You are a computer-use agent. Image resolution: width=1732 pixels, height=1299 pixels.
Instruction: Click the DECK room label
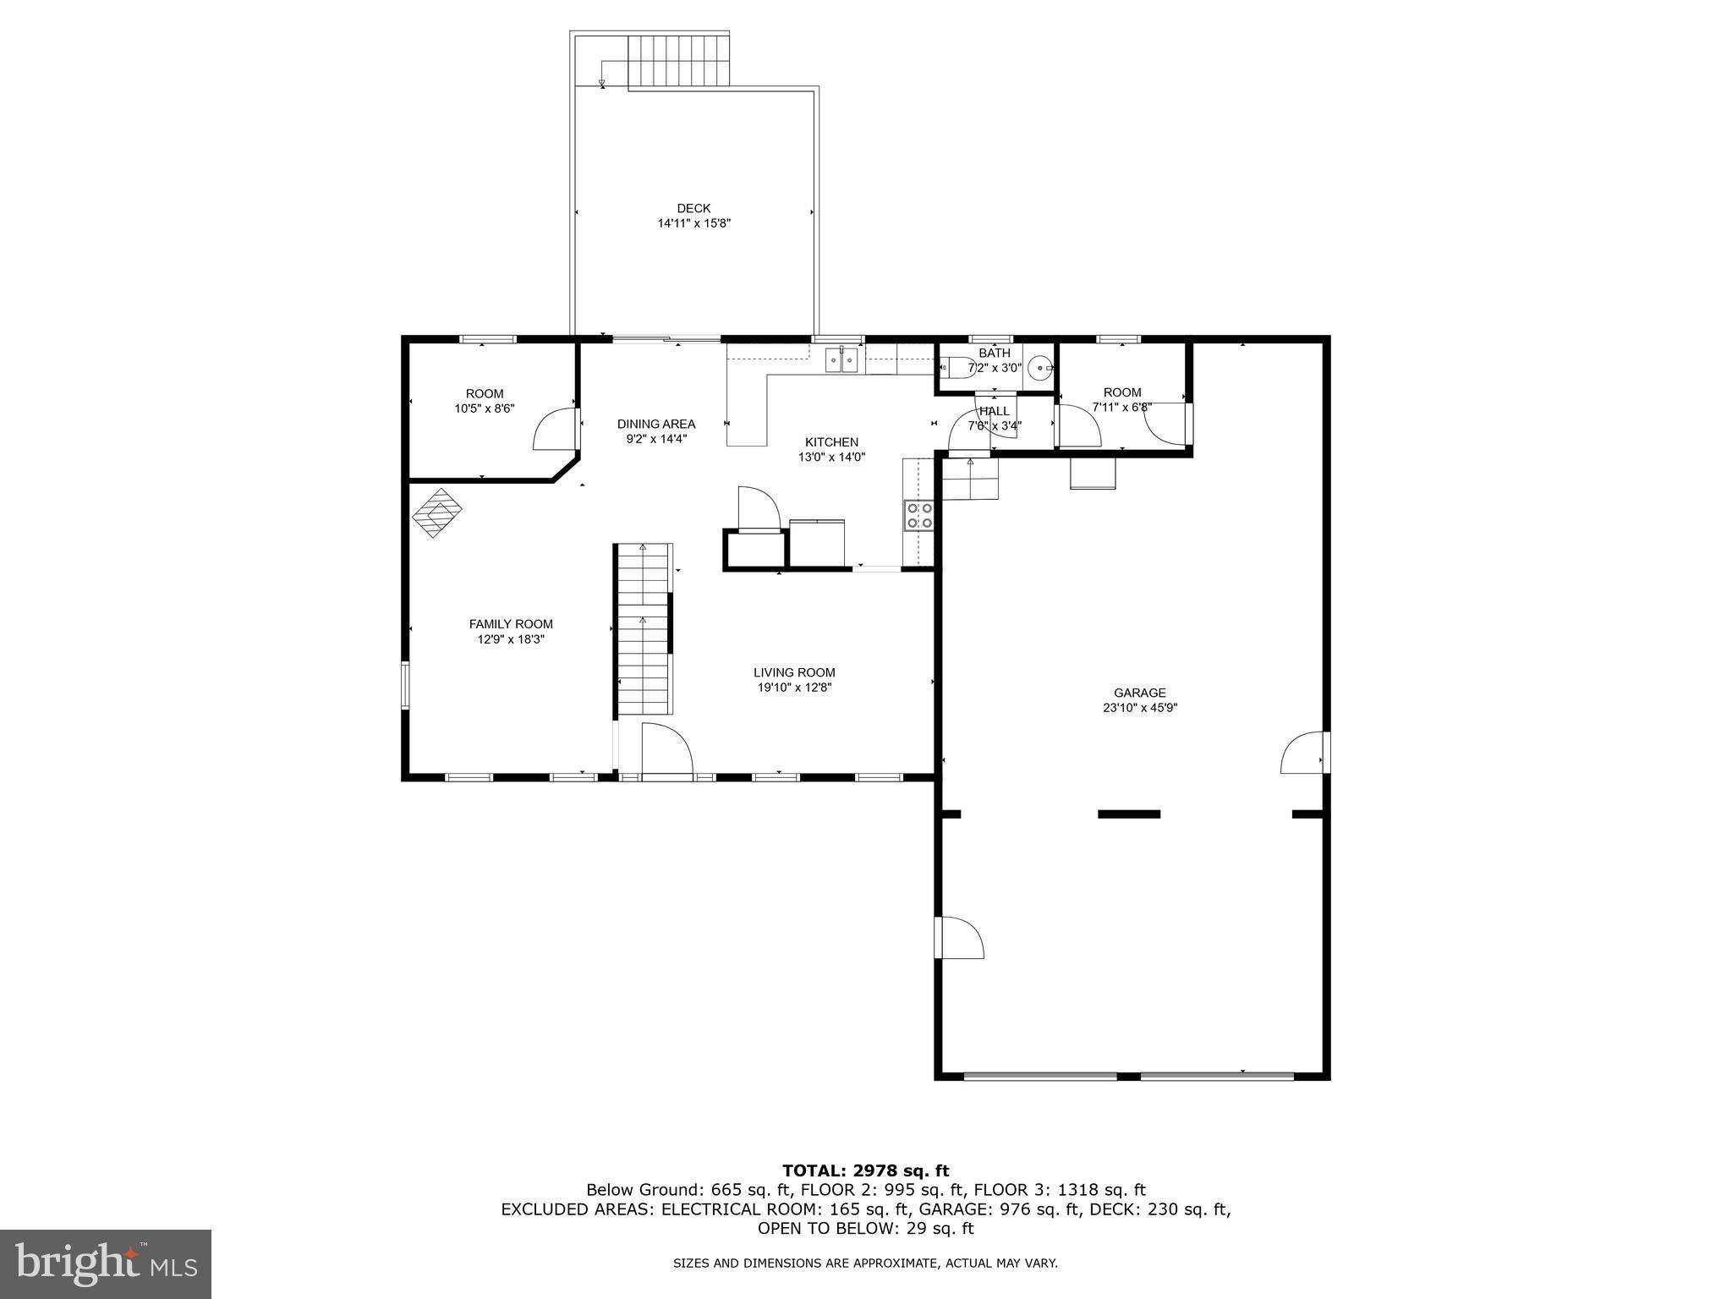(693, 208)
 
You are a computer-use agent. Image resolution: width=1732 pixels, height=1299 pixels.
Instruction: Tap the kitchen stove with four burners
(919, 515)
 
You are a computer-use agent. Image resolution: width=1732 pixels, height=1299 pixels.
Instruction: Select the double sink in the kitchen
(842, 361)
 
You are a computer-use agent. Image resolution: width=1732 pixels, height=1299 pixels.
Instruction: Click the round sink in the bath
(1039, 369)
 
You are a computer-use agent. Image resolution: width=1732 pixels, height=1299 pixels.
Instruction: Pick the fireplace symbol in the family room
(437, 512)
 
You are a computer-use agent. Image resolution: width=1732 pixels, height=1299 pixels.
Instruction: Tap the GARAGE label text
(1139, 693)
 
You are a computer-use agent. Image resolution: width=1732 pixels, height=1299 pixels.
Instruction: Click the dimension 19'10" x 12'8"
(794, 688)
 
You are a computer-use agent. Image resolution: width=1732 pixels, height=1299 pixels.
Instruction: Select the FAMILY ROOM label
(511, 624)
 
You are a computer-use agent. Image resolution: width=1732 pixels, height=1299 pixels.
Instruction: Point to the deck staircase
(678, 60)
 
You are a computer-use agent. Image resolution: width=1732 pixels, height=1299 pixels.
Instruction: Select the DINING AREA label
(656, 424)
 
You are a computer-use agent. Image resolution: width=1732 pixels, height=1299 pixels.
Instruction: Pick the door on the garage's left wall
(960, 938)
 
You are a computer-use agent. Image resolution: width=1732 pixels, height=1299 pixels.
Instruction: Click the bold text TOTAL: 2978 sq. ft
(865, 1170)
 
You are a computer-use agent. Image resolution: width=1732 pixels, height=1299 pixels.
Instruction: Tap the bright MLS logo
(106, 1263)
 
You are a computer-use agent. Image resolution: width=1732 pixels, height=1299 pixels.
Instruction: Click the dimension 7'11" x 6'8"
(1121, 407)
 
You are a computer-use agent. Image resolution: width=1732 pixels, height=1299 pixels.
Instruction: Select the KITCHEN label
(831, 441)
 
